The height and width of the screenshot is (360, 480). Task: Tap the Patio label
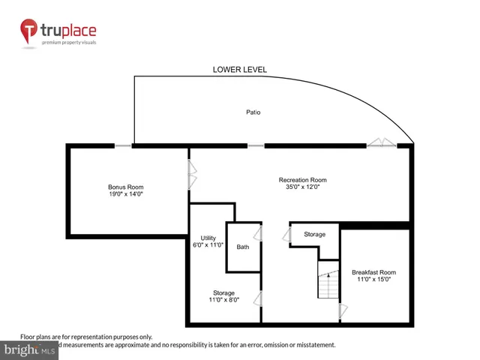coord(253,112)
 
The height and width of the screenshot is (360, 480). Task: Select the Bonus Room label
coord(125,187)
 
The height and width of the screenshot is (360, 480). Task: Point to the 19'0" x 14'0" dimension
coord(125,194)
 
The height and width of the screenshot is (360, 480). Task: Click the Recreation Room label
coord(302,180)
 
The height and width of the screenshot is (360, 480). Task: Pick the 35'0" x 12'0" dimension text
coord(302,187)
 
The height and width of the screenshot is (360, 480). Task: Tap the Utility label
coord(208,238)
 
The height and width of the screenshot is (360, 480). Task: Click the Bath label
coord(242,247)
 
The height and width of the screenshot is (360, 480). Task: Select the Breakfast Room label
coord(373,272)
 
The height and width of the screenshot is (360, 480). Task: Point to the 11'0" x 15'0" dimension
coord(373,280)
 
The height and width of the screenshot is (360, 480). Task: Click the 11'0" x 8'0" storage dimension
coord(223,300)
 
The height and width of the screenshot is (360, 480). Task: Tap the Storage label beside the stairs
coord(314,235)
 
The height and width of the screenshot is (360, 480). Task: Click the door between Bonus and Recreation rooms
coord(193,177)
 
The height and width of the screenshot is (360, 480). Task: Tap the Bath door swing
coord(258,234)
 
